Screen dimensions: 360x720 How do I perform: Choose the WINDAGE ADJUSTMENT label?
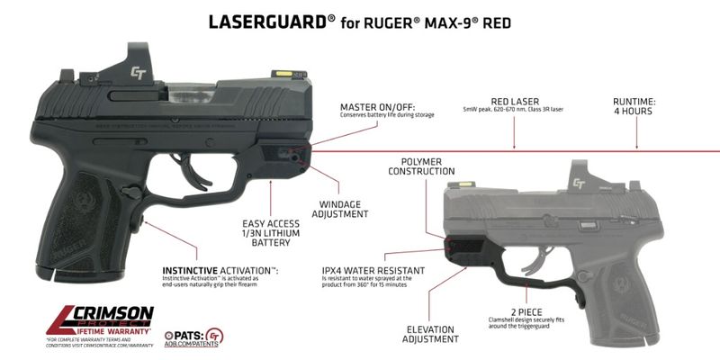click(x=337, y=209)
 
